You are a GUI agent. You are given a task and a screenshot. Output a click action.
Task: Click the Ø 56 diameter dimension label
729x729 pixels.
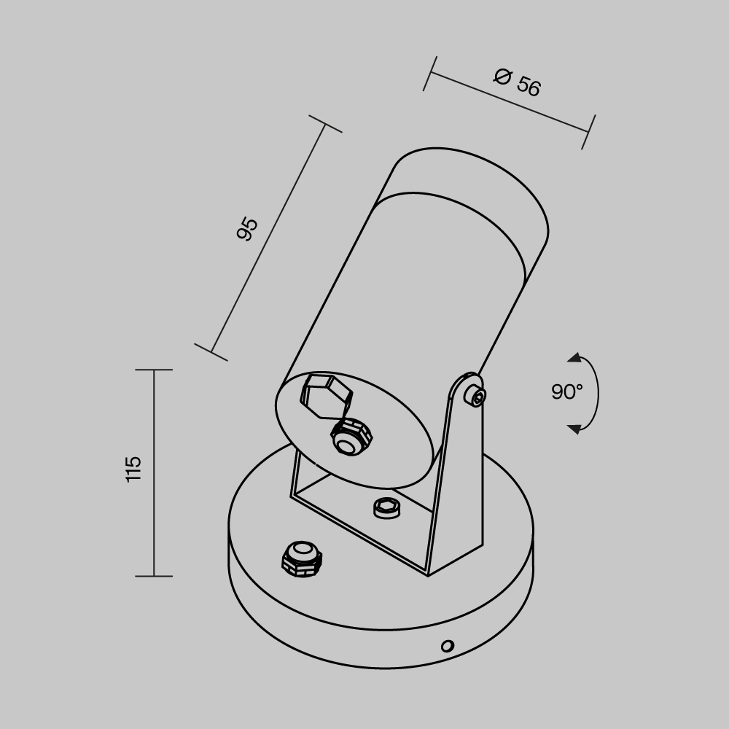[x=517, y=82]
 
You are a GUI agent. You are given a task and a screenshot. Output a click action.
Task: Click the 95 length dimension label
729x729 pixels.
[x=248, y=229]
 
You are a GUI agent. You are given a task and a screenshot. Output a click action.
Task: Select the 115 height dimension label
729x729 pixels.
[x=133, y=468]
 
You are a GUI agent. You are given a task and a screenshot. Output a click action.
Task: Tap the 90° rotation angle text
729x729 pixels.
[x=566, y=392]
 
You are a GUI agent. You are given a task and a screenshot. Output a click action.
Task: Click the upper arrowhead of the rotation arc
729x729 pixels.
[x=574, y=358]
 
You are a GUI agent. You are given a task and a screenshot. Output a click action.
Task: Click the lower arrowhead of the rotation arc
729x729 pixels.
[x=574, y=428]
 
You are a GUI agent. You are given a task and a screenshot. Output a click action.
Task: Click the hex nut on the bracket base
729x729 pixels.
[x=386, y=507]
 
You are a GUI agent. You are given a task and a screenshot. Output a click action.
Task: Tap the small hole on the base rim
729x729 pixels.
[x=448, y=645]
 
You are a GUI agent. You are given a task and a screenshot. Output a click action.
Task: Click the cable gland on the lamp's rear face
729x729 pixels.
[x=350, y=437]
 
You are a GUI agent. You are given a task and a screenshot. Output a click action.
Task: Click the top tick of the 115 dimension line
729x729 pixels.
[x=154, y=370]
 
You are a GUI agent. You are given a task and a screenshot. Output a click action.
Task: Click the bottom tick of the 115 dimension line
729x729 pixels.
[x=154, y=576]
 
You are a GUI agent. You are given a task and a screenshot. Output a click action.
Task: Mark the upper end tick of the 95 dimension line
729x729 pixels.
[x=324, y=124]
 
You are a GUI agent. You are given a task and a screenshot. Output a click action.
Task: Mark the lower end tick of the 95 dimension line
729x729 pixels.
[x=211, y=353]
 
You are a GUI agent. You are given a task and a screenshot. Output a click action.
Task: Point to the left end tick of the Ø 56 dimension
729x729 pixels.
[x=429, y=73]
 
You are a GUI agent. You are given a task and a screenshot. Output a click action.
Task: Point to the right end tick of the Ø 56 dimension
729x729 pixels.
[x=588, y=132]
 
